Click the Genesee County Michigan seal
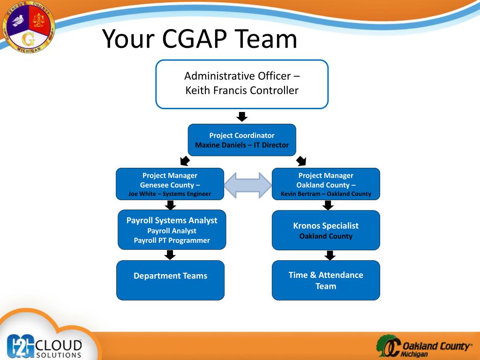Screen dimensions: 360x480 coord(28,27)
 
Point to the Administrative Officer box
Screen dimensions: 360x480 coord(242,84)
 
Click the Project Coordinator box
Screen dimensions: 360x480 coord(242,140)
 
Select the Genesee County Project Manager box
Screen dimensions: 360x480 coord(170,184)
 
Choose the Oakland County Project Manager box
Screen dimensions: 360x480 coord(326,184)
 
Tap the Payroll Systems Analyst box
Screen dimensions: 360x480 coord(172,230)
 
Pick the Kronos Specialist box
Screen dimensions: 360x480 coord(326,230)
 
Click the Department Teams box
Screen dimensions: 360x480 coord(170,280)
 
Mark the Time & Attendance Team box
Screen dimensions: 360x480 coord(326,280)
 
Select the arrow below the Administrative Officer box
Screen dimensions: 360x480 coord(242,116)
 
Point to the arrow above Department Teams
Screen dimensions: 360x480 coord(170,255)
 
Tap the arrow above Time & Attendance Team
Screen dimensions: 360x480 coord(330,255)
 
